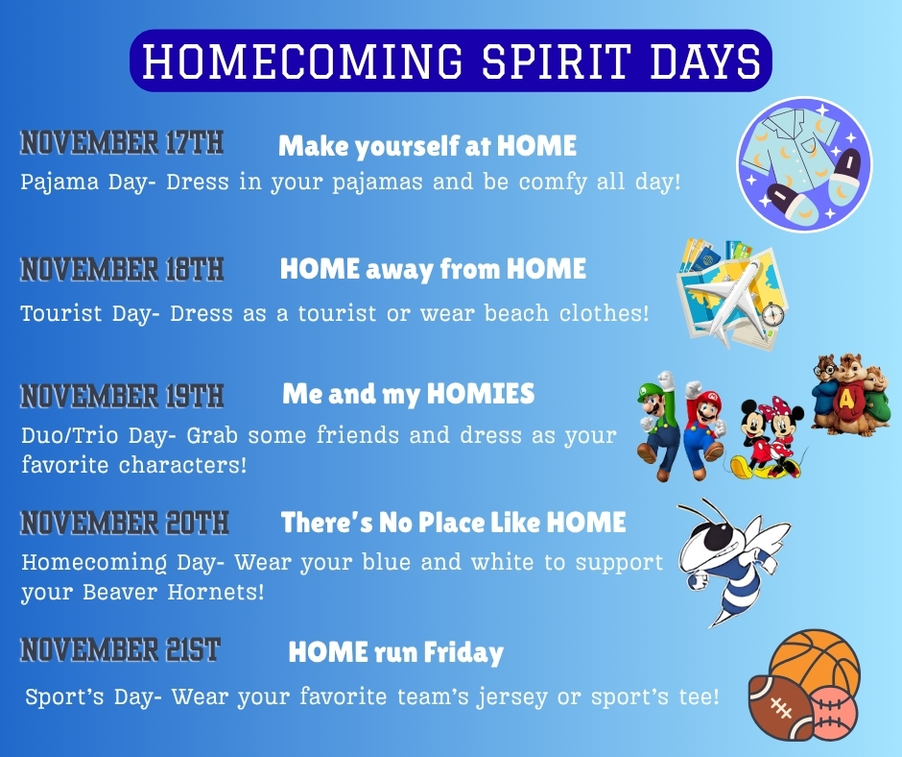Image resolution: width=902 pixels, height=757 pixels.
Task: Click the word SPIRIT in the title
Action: (555, 61)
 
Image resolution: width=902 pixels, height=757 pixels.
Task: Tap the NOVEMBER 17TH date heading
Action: (122, 143)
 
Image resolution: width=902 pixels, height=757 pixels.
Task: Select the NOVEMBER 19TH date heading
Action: (122, 397)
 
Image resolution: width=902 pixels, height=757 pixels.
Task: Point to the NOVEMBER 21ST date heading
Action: (120, 649)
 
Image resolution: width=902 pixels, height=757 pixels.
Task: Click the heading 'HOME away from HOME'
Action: (433, 269)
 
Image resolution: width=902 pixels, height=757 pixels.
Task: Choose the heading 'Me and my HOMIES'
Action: (409, 395)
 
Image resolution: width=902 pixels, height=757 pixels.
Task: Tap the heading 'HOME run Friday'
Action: (395, 652)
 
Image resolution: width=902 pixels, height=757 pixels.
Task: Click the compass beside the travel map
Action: (773, 314)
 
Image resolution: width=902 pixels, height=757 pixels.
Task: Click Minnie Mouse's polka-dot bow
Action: (780, 403)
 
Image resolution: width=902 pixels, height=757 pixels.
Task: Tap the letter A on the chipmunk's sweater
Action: (845, 400)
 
